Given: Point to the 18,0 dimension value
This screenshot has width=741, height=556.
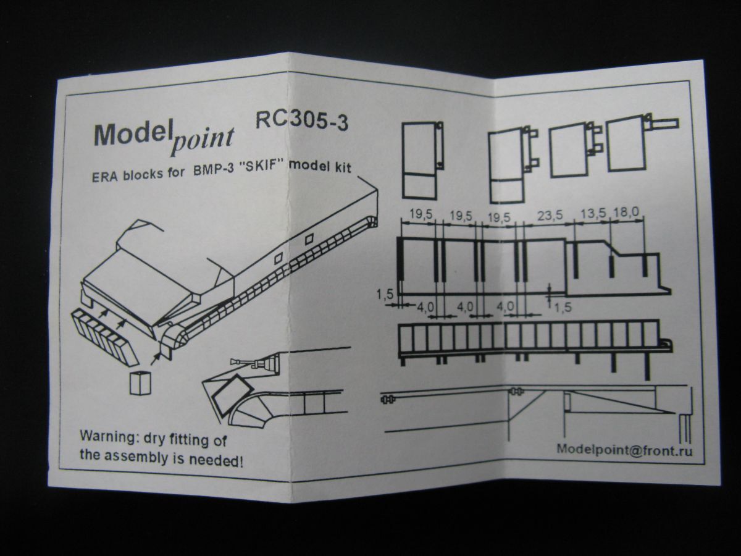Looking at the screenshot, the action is [626, 214].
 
